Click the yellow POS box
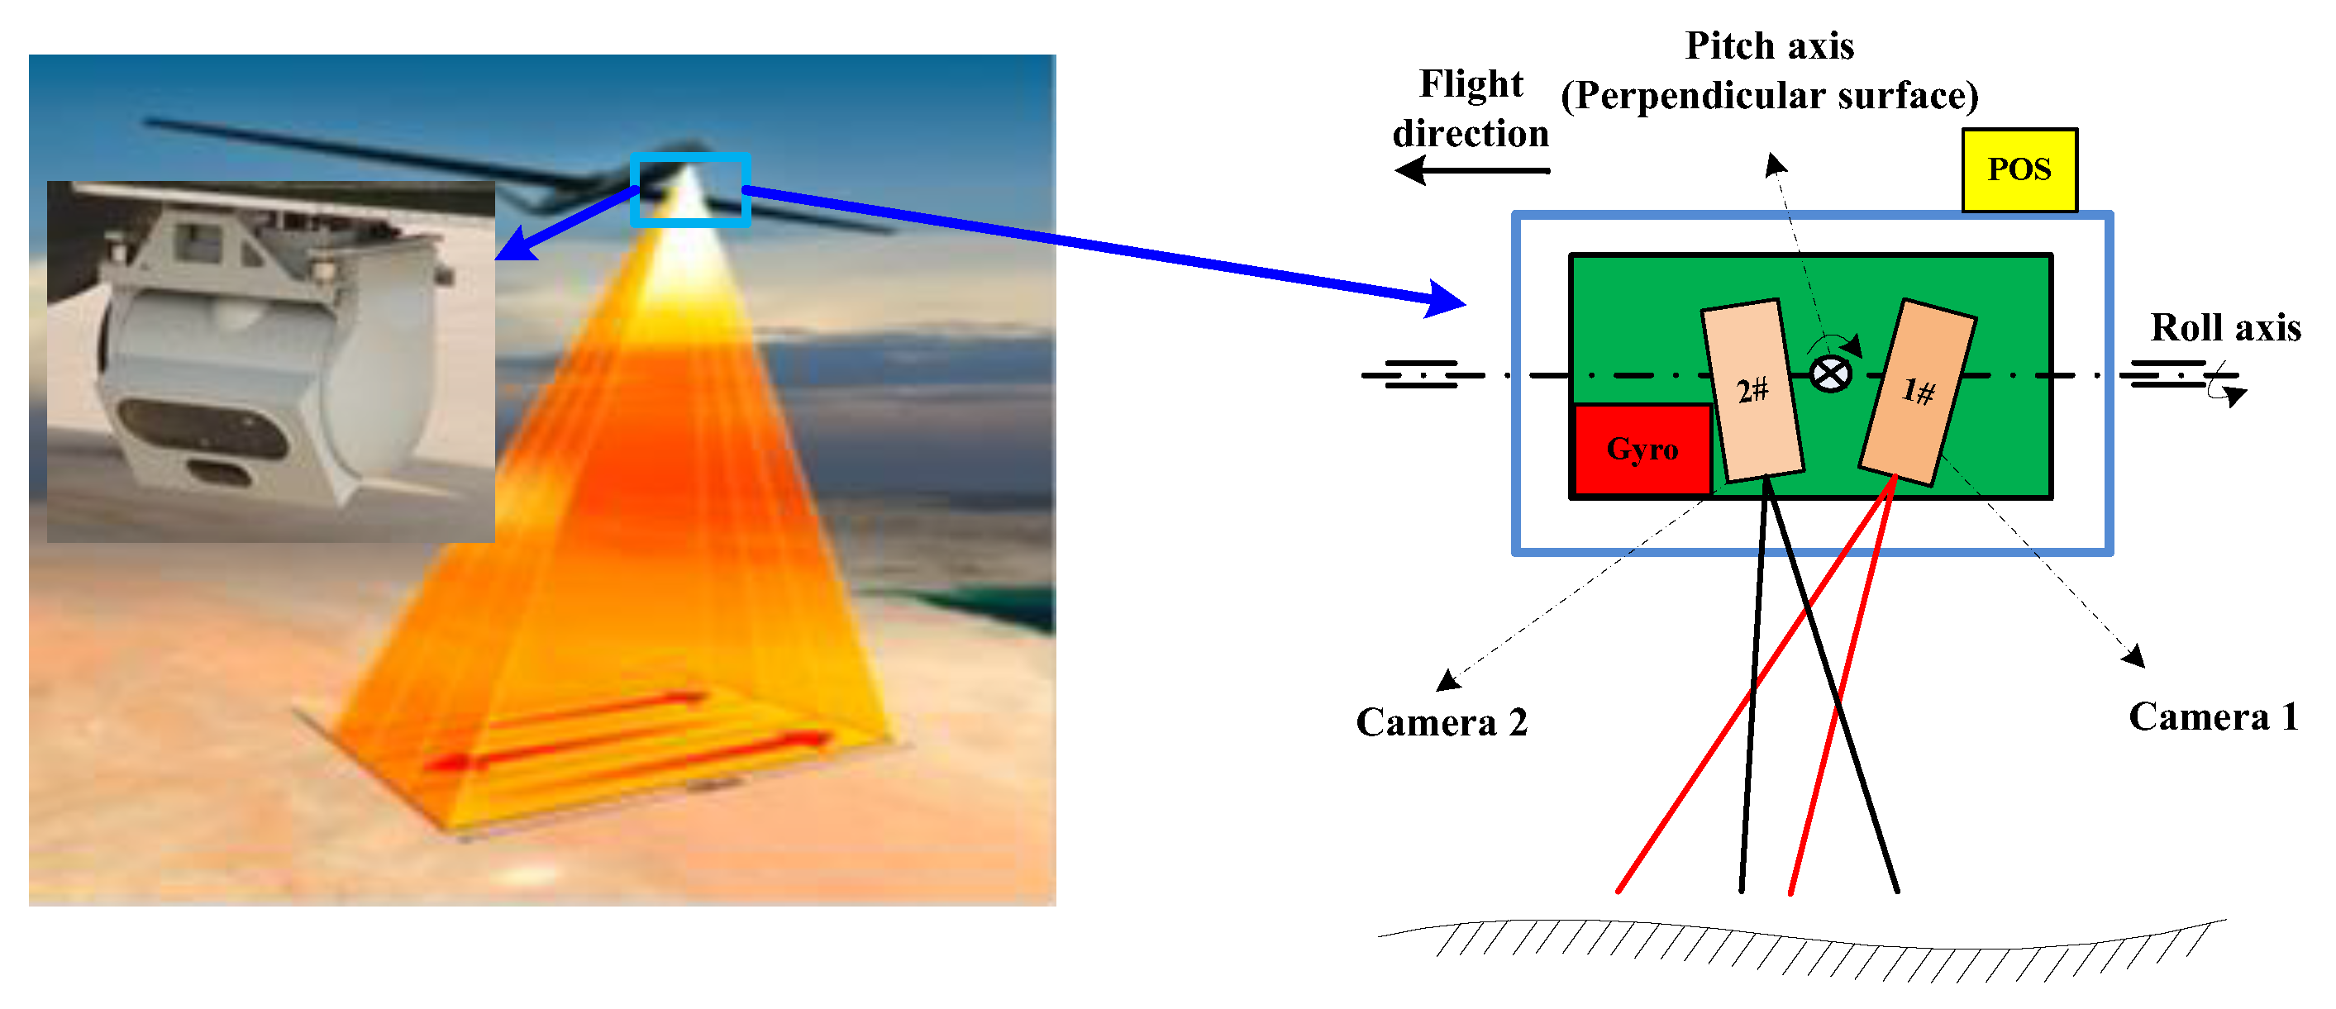[x=2019, y=170]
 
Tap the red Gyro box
[x=1642, y=450]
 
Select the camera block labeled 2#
[x=1752, y=390]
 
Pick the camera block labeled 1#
[x=1917, y=392]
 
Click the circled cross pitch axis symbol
[x=1830, y=374]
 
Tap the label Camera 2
[x=1441, y=722]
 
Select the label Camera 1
[x=2213, y=716]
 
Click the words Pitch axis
[x=1768, y=46]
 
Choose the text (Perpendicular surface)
[x=1768, y=96]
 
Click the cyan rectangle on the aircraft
[x=690, y=189]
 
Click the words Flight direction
[x=1470, y=109]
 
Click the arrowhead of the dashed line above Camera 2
[x=1447, y=679]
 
